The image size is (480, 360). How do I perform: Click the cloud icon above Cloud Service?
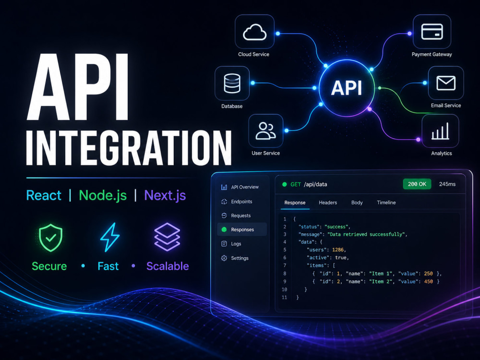(x=254, y=33)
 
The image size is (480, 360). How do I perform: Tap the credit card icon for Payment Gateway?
(x=432, y=32)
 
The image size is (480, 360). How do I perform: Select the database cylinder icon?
(x=232, y=83)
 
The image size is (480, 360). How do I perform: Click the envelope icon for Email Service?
(x=446, y=83)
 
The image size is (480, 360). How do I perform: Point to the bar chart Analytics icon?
(x=440, y=131)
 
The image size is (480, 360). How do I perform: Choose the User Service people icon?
(x=266, y=131)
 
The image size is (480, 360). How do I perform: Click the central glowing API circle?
(x=347, y=88)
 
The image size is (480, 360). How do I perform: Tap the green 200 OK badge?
(x=417, y=184)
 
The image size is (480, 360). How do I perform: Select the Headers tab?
(x=328, y=203)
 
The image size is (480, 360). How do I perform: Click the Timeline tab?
(x=386, y=203)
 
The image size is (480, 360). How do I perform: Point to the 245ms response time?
(x=447, y=184)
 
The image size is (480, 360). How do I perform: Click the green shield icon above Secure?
(x=51, y=238)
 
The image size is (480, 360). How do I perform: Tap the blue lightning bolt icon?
(x=110, y=237)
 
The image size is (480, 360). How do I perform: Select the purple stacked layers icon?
(x=167, y=237)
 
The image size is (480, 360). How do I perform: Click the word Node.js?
(x=103, y=195)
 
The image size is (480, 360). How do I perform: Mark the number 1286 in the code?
(x=337, y=250)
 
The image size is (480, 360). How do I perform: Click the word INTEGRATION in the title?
(x=129, y=148)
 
